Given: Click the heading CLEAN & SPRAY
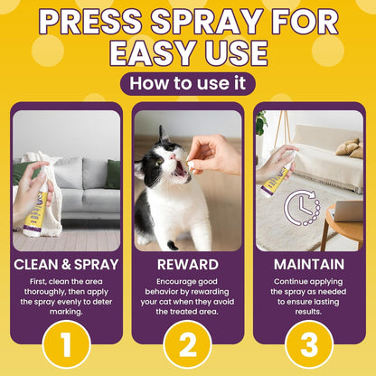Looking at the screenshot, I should (x=66, y=266).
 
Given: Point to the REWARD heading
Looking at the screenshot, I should (x=187, y=266).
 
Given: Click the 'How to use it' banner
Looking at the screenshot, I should (x=187, y=84).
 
